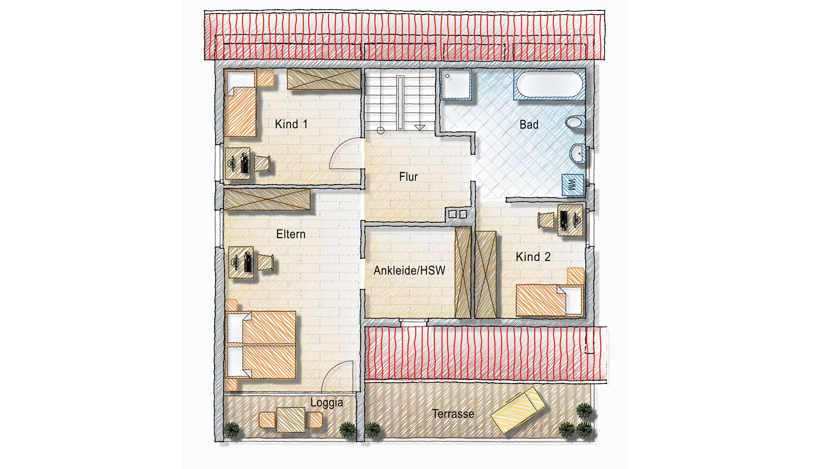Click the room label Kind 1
(291, 124)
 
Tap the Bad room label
(529, 125)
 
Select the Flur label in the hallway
(408, 177)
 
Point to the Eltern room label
(291, 234)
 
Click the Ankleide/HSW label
(409, 271)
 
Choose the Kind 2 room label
(533, 257)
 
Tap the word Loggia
(327, 403)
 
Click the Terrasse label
(453, 414)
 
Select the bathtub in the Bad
(549, 84)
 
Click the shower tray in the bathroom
(456, 84)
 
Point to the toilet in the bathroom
(575, 122)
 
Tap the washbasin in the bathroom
(577, 153)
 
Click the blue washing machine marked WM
(573, 185)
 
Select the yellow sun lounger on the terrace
(518, 410)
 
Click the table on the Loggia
(291, 419)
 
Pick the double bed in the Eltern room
(261, 344)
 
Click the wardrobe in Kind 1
(324, 79)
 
